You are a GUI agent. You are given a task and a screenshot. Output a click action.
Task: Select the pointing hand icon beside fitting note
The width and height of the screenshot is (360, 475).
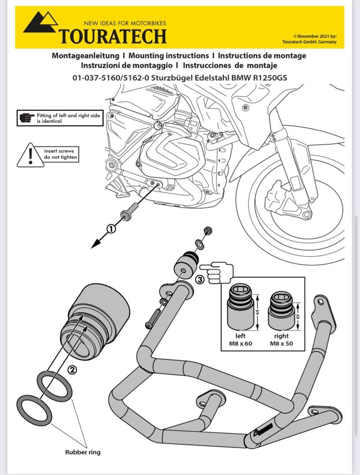coord(27,118)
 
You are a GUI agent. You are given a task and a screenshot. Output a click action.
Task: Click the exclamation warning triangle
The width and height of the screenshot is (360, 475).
coord(30,156)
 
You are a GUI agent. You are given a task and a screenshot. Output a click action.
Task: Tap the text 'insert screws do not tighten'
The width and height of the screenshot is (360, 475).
coord(61,154)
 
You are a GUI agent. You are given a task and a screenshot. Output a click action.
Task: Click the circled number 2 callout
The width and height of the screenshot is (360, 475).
coord(72,369)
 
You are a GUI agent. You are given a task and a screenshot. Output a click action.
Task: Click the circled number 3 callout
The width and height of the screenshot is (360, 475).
coord(199,279)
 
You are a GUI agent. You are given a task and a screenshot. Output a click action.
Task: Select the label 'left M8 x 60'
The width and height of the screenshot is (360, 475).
coord(241,339)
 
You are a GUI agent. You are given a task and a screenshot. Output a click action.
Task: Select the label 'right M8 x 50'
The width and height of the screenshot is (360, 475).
coord(281,339)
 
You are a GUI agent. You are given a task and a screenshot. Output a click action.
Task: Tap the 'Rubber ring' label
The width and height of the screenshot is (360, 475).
coord(82,452)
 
